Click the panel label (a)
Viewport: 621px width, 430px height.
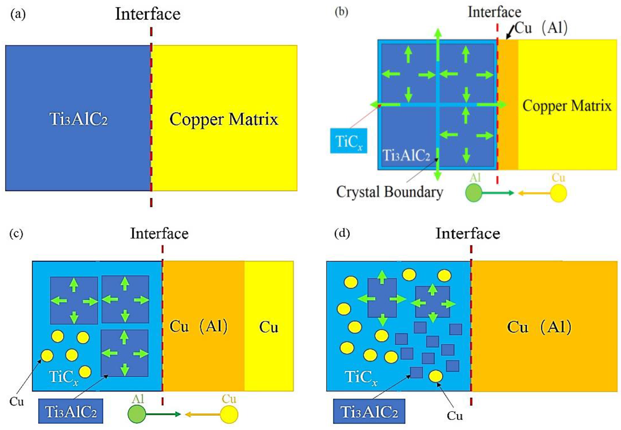click(x=18, y=14)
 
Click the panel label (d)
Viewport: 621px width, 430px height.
click(x=342, y=233)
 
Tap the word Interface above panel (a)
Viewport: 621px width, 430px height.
click(x=148, y=14)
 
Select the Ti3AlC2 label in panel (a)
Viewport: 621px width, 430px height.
click(x=78, y=119)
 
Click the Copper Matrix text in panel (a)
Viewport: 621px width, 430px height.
click(x=223, y=119)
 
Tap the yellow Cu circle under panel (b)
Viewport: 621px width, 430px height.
click(x=558, y=193)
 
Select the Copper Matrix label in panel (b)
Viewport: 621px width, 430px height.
click(x=567, y=106)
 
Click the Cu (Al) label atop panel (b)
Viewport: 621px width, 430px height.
click(x=541, y=28)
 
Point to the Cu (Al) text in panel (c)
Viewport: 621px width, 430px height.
click(x=198, y=327)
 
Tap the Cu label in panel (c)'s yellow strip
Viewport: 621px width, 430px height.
click(x=268, y=327)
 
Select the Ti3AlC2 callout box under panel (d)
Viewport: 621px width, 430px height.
click(x=369, y=411)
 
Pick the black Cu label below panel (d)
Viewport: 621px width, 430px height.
click(x=455, y=416)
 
